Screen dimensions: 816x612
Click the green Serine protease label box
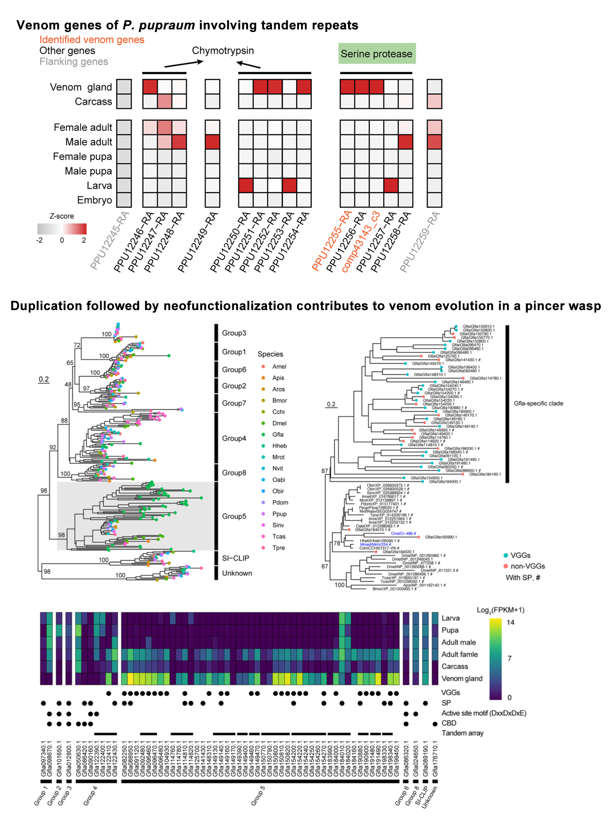click(377, 54)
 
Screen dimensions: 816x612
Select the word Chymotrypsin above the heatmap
click(223, 51)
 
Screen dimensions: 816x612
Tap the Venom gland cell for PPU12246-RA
click(150, 87)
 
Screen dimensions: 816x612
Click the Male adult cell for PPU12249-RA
click(212, 142)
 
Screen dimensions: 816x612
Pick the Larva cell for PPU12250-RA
click(246, 185)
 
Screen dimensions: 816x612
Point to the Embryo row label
click(94, 200)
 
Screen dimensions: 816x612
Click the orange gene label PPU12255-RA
click(332, 241)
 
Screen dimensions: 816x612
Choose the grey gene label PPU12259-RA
click(419, 242)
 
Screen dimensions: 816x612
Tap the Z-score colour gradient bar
click(62, 228)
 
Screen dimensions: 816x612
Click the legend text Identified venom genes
click(92, 40)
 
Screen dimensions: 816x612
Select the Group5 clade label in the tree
click(234, 516)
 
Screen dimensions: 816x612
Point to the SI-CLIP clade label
click(235, 558)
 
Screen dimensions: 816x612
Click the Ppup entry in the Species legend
click(279, 514)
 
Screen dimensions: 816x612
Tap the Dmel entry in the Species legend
click(279, 423)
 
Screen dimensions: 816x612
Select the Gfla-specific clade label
click(538, 403)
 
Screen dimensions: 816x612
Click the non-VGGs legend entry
click(527, 566)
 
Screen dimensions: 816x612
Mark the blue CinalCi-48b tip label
click(403, 534)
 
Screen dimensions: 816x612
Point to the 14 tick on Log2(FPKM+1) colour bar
click(511, 622)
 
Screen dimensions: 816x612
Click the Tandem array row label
click(462, 733)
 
